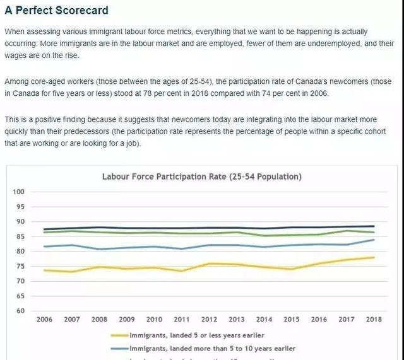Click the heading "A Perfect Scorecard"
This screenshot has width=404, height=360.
[x=56, y=11]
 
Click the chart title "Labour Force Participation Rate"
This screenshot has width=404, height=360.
[x=202, y=177]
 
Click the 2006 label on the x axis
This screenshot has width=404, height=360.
[x=44, y=320]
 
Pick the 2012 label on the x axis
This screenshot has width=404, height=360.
[x=209, y=320]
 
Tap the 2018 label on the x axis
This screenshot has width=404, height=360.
[x=374, y=320]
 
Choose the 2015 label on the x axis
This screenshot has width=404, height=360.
[x=292, y=320]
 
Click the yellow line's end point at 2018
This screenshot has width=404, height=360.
[x=374, y=257]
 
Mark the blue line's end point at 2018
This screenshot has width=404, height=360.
[x=374, y=240]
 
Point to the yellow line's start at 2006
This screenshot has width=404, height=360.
[x=44, y=270]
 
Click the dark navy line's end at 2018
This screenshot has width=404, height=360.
[x=374, y=226]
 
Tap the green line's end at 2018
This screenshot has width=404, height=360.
[x=374, y=232]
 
